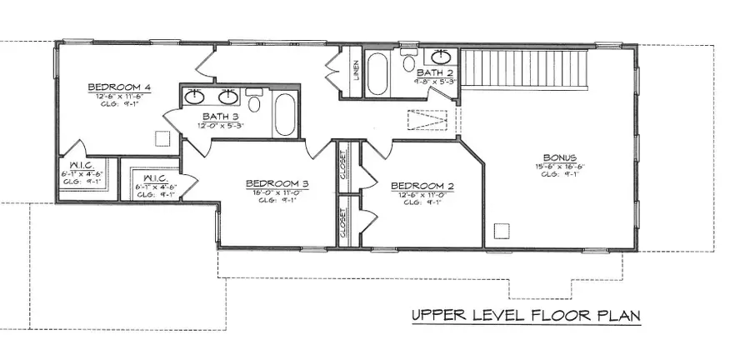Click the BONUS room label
click(559, 156)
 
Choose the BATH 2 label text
click(434, 73)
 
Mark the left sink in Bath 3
click(195, 94)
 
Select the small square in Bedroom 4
click(164, 138)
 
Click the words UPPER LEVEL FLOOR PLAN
click(524, 317)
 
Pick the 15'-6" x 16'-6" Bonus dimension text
click(559, 166)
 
